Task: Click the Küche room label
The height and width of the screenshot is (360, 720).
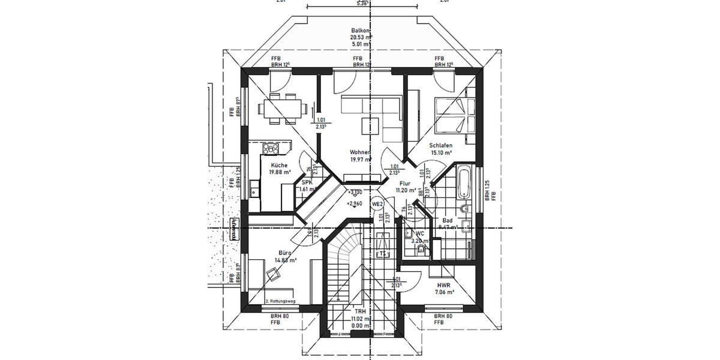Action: pos(279,165)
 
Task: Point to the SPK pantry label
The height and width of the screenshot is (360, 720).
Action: pos(307,182)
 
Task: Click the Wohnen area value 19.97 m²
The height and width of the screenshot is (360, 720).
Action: pos(361,160)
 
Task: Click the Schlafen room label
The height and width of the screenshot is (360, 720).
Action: pos(440,145)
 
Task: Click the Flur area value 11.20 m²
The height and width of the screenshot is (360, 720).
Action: pos(406,190)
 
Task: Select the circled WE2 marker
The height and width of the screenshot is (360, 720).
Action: pos(377,204)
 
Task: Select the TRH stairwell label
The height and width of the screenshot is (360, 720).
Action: pos(360,312)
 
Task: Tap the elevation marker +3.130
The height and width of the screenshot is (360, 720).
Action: pos(355,192)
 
